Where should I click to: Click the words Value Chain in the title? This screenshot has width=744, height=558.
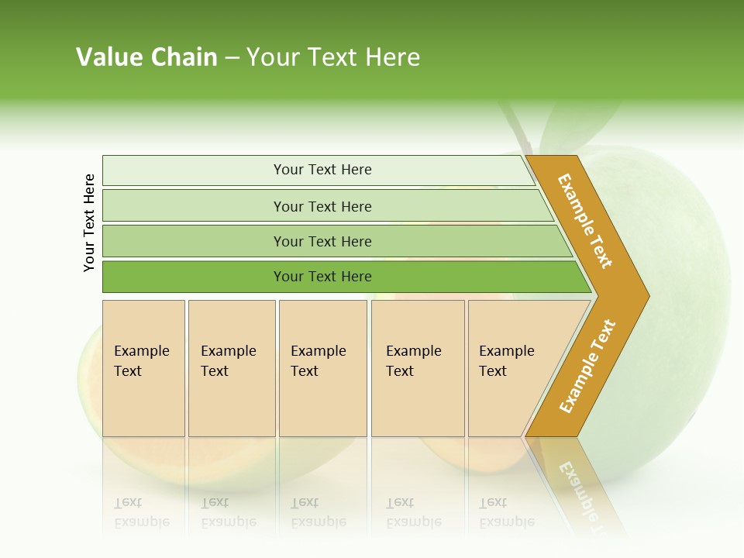pyautogui.click(x=146, y=57)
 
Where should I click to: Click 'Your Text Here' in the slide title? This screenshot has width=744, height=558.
pyautogui.click(x=333, y=57)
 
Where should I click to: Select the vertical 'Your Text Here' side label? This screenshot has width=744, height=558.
pyautogui.click(x=89, y=223)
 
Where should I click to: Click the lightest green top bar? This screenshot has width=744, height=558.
pyautogui.click(x=322, y=170)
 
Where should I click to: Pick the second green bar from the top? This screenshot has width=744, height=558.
pyautogui.click(x=322, y=206)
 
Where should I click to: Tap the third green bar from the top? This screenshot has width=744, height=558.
pyautogui.click(x=322, y=241)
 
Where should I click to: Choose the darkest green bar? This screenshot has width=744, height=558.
pyautogui.click(x=322, y=277)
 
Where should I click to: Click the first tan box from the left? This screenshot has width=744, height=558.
pyautogui.click(x=143, y=368)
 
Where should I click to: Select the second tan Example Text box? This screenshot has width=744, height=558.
pyautogui.click(x=231, y=368)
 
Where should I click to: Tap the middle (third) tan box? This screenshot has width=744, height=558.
pyautogui.click(x=322, y=368)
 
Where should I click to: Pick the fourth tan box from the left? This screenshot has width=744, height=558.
pyautogui.click(x=417, y=368)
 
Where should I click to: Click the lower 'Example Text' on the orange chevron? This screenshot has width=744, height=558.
pyautogui.click(x=587, y=366)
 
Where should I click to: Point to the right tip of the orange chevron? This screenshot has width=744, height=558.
pyautogui.click(x=647, y=295)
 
